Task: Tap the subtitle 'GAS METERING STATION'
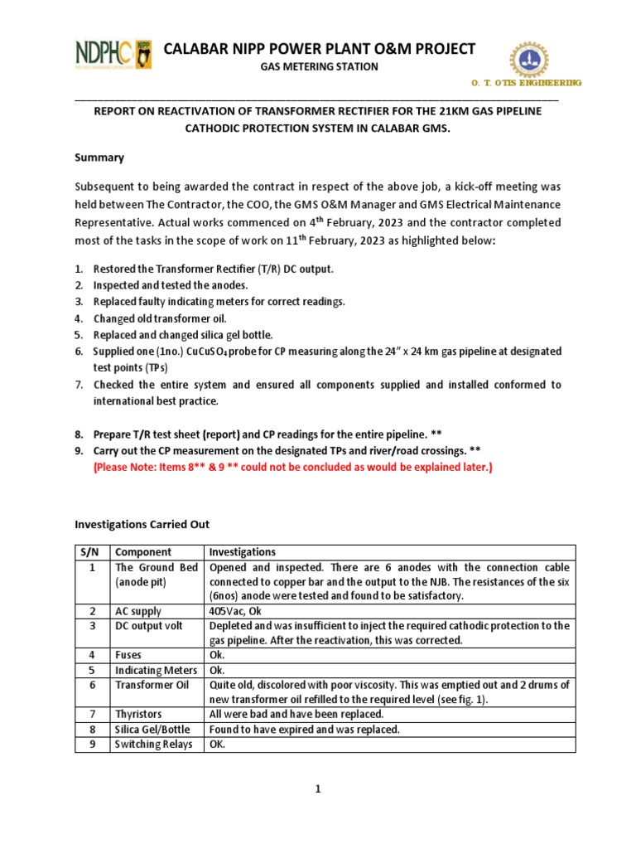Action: coord(320,67)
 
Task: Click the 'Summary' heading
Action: coord(99,158)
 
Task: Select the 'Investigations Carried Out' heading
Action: coord(142,524)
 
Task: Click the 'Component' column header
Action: coord(143,552)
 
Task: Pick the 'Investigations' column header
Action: coord(243,552)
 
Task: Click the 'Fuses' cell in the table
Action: coord(129,655)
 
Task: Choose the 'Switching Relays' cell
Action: coord(153,745)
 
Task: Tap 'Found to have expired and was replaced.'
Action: coord(304,730)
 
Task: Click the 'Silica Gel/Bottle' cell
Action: coord(152,730)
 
